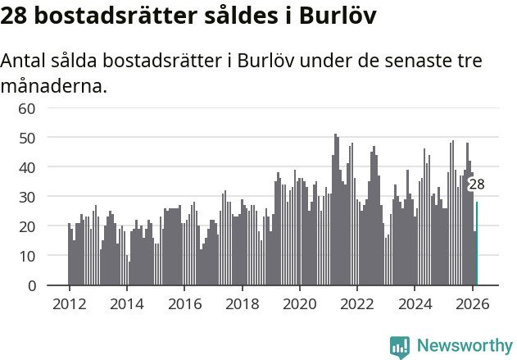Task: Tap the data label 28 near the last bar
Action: point(477,185)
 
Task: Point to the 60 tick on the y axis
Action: point(26,108)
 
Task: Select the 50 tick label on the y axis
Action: point(26,138)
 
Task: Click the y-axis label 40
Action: point(26,167)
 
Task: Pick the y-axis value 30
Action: point(26,197)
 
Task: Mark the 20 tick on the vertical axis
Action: point(26,226)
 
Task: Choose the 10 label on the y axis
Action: point(26,256)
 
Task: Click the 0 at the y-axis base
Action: point(31,285)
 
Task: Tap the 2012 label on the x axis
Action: point(69,303)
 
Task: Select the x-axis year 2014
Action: point(126,303)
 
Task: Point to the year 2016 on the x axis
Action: point(184,303)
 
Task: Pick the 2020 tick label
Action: point(300,303)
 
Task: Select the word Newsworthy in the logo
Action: point(464,345)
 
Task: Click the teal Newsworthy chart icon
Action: point(400,346)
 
